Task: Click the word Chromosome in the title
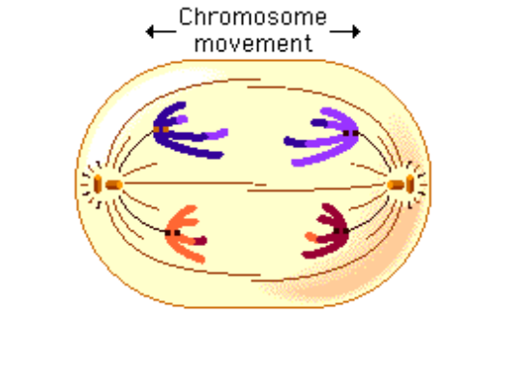253,16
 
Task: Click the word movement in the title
253,43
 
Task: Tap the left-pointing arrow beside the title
161,32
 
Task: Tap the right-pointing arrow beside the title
345,32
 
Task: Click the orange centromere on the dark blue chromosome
161,130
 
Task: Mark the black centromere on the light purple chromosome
351,133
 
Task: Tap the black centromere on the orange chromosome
172,233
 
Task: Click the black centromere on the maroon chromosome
342,230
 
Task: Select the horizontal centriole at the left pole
114,185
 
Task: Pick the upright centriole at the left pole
98,184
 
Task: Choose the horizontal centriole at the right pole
396,185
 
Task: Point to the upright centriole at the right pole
410,183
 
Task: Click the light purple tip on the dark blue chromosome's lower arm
217,134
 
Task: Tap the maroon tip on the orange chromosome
200,241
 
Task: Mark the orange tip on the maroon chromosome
312,237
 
